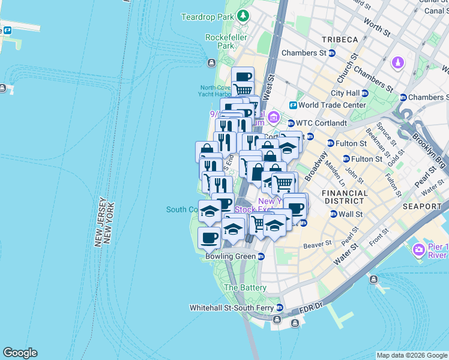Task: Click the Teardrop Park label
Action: (x=207, y=17)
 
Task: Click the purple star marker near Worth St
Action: (x=398, y=62)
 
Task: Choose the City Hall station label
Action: (x=345, y=93)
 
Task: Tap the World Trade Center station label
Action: (x=332, y=105)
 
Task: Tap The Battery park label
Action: (x=245, y=287)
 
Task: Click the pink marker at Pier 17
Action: (x=418, y=248)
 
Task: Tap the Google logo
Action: (x=20, y=353)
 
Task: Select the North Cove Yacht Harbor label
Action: (x=214, y=91)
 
